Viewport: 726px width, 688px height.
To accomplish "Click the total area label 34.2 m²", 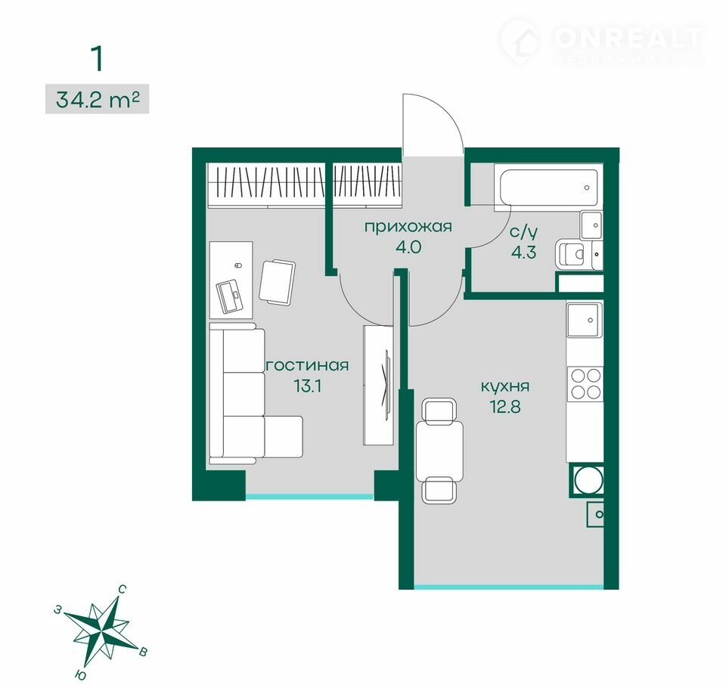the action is pyautogui.click(x=98, y=99).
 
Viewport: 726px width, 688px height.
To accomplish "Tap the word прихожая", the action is pyautogui.click(x=408, y=228).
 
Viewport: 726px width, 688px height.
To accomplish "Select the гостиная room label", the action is pyautogui.click(x=308, y=365).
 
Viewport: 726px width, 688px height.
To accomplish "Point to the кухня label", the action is pyautogui.click(x=505, y=386).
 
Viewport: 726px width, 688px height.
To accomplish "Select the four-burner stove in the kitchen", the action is pyautogui.click(x=585, y=383).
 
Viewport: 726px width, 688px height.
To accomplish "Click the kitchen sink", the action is pyautogui.click(x=585, y=320).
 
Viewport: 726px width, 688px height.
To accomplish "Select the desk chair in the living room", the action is pyautogui.click(x=278, y=282).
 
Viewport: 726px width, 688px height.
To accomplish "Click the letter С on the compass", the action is pyautogui.click(x=123, y=590).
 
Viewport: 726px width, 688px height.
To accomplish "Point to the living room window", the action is pyautogui.click(x=309, y=496).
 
